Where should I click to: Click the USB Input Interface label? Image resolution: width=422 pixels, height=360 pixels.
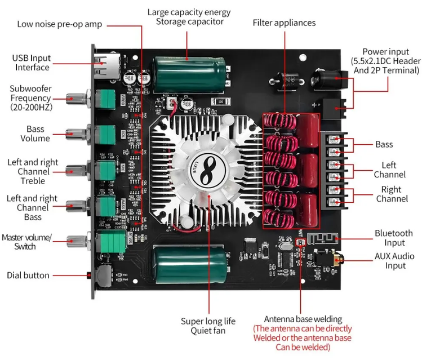click(32, 63)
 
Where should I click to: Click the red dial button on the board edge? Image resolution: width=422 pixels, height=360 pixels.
click(90, 275)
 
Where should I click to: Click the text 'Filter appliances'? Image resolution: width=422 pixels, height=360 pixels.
click(284, 23)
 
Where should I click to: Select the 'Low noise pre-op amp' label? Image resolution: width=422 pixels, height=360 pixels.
click(59, 24)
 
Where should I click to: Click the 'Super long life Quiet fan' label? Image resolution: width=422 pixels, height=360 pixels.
click(208, 326)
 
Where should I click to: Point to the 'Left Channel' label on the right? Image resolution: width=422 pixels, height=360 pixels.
click(389, 170)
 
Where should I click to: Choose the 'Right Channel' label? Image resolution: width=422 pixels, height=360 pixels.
click(391, 194)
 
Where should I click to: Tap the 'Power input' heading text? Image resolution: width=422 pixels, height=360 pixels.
click(386, 52)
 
